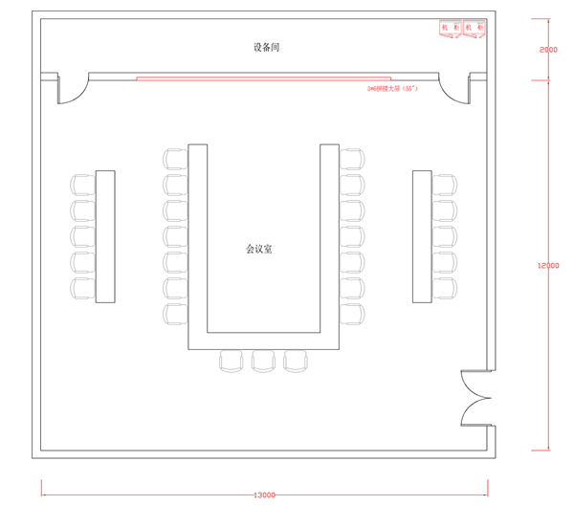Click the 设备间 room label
266,47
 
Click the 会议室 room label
259,249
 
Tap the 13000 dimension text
265,495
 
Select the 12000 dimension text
548,267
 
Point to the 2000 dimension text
548,50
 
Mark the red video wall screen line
263,78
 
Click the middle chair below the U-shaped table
263,361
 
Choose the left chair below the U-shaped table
232,361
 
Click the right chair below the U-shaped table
296,361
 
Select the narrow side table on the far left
105,236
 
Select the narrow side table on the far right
422,236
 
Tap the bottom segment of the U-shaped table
263,340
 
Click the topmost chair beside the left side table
82,183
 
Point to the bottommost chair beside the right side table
445,288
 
